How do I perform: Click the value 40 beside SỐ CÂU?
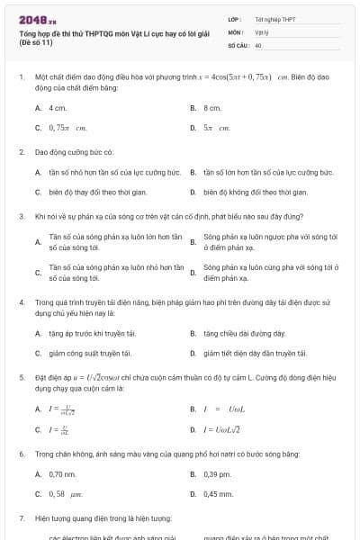258,44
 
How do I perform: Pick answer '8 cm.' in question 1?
212,107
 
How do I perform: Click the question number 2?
21,152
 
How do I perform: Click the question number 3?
21,216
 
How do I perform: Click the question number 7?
21,518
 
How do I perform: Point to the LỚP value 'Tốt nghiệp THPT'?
275,18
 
